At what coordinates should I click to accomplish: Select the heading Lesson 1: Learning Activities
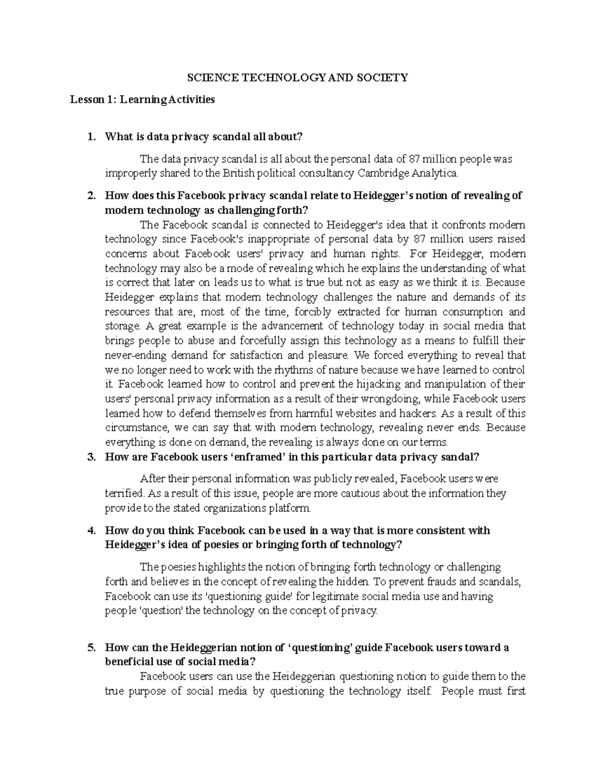coord(142,99)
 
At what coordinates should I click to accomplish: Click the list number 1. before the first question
coord(91,137)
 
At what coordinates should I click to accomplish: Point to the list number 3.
coord(91,457)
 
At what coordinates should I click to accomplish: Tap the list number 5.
coord(91,647)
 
